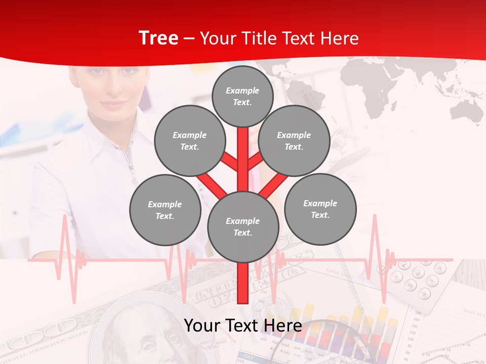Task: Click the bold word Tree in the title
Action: tap(158, 38)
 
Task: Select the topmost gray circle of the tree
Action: tap(242, 96)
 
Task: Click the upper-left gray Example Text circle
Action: tap(189, 141)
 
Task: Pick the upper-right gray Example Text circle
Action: tap(294, 141)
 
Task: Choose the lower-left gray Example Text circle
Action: tap(165, 210)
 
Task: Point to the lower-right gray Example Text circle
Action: tap(320, 209)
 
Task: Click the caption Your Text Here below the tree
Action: tap(242, 326)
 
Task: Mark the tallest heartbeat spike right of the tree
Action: tap(375, 222)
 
